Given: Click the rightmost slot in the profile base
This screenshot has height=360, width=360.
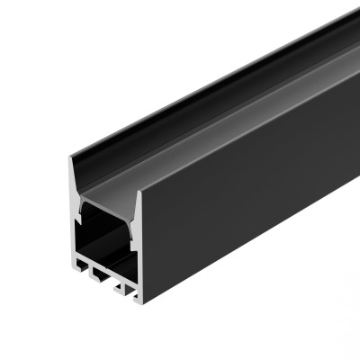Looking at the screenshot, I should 125,287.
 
